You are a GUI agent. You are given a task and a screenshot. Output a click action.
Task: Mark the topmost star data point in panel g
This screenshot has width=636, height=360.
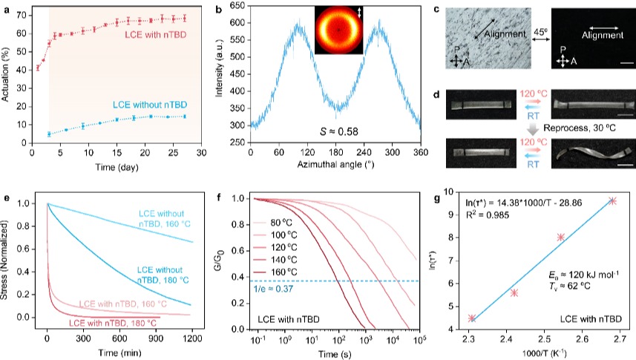click(x=612, y=200)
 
